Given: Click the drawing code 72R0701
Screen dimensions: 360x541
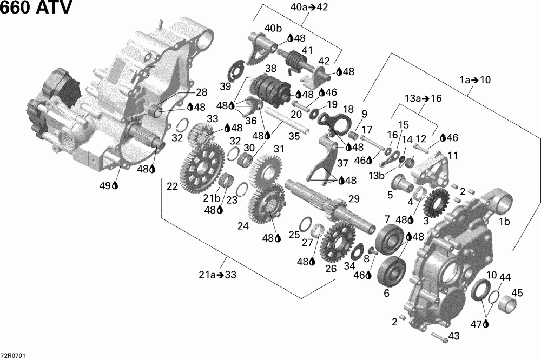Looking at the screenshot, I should click(13, 355).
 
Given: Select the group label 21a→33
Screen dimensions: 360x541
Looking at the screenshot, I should click(216, 275).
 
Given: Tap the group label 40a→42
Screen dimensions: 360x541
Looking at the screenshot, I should click(309, 8).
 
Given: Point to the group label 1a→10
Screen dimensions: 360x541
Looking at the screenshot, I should click(474, 80).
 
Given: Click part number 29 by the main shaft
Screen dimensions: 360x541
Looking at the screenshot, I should click(353, 199).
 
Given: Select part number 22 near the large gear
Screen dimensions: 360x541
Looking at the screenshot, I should click(172, 186).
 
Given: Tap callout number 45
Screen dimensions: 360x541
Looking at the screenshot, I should click(517, 293).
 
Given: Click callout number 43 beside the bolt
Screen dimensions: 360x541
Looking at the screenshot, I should click(454, 336).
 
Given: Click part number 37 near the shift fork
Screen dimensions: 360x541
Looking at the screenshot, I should click(327, 163).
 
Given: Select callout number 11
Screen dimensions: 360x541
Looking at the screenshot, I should click(452, 155).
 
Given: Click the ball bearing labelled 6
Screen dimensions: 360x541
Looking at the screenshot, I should click(393, 270).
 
